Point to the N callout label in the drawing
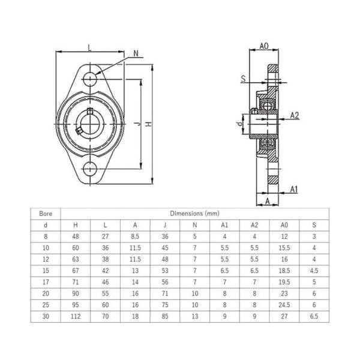(x=136, y=53)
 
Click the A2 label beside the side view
(x=295, y=114)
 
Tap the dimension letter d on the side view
(x=239, y=124)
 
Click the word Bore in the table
(x=46, y=213)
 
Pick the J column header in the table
(x=164, y=224)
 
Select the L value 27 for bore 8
(x=106, y=236)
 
